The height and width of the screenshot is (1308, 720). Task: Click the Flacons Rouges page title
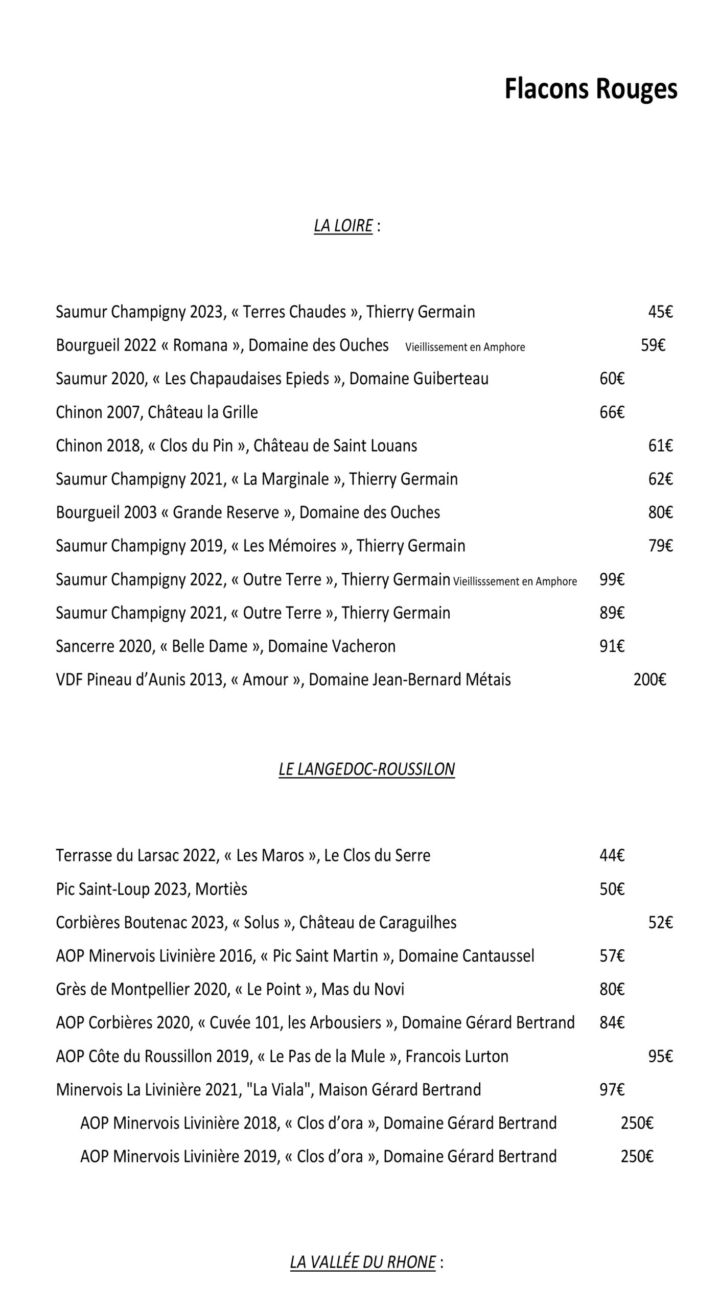590,89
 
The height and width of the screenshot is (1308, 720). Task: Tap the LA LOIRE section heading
343,225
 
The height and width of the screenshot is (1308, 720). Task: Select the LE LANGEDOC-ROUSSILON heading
366,769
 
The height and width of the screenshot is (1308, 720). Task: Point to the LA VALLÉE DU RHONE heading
363,1262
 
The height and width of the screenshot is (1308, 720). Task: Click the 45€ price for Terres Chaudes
660,312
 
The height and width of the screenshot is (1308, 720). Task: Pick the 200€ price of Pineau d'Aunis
649,680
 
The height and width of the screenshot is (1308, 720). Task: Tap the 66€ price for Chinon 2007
612,412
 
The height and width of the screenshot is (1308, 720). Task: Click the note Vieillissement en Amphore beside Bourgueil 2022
465,347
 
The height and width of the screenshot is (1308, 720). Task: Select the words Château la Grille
202,412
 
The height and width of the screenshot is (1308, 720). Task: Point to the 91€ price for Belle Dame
612,646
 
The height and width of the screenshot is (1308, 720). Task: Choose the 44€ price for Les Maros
612,855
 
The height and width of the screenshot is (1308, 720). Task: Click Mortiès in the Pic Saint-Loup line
221,889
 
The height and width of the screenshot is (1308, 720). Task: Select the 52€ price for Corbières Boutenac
660,922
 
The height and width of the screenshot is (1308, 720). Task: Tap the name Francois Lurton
457,1056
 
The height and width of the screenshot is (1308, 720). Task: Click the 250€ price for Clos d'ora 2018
637,1123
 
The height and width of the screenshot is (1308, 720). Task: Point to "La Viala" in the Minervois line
279,1089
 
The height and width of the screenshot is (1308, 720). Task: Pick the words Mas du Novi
362,989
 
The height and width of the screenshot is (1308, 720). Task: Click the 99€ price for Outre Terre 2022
612,579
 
